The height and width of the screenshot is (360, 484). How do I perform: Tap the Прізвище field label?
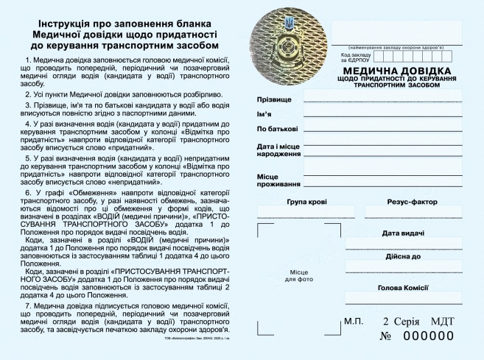pyautogui.click(x=273, y=99)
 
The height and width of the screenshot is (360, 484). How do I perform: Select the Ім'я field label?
pyautogui.click(x=264, y=113)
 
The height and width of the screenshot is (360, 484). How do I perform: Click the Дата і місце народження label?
pyautogui.click(x=278, y=151)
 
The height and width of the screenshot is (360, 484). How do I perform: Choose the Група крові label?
pyautogui.click(x=307, y=202)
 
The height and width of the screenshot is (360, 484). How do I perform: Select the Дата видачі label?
pyautogui.click(x=403, y=233)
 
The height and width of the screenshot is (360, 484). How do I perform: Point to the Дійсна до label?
pyautogui.click(x=403, y=257)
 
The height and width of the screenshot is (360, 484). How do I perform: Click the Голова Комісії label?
pyautogui.click(x=403, y=288)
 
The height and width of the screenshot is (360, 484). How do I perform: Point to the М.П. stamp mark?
pyautogui.click(x=354, y=322)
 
